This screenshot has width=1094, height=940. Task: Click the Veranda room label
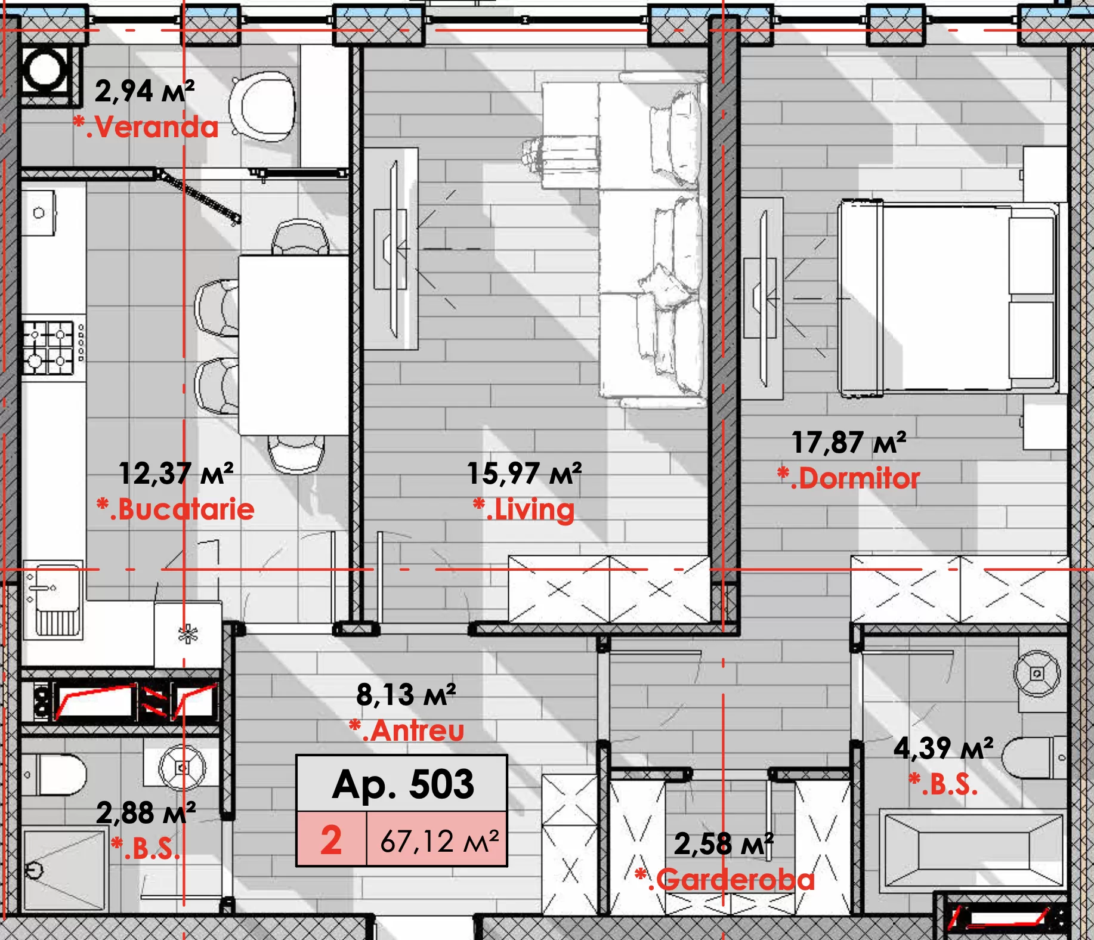coord(146,127)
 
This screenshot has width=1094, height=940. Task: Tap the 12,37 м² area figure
coord(176,474)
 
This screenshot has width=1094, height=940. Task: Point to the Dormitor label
coord(849,478)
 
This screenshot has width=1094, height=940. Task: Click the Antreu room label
coord(407,731)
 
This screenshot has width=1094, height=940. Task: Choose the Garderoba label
coord(725,880)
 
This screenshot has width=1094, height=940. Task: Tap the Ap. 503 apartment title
coord(403,784)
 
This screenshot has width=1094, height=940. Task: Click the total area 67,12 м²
coord(440,841)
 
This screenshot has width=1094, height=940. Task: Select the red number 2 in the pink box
coord(331,840)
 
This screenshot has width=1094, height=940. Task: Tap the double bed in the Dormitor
coord(948,299)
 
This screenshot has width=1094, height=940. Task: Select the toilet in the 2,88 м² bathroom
coord(54,775)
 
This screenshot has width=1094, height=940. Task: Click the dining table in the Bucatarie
coord(293,345)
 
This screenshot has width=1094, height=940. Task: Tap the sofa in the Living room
coord(653,239)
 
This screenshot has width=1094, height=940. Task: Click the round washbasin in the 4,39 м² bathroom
coord(1037,674)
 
